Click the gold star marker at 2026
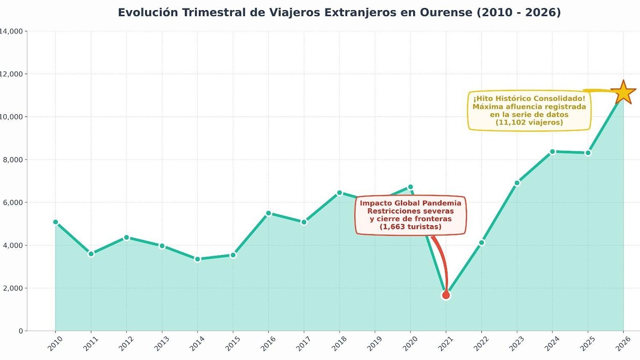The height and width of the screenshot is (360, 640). [x=623, y=93]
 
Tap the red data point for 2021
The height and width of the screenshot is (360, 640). [x=446, y=295]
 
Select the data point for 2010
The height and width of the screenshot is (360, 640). [x=56, y=222]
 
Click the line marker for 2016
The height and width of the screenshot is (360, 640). [x=268, y=213]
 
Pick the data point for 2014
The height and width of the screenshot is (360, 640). [x=197, y=259]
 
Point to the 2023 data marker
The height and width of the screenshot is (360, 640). [x=517, y=183]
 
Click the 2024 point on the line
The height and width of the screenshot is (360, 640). [x=552, y=152]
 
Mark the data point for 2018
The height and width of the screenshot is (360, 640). [x=340, y=192]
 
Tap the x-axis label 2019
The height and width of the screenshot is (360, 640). [x=374, y=344]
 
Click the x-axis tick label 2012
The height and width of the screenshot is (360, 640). [x=126, y=344]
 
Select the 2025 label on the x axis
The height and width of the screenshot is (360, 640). [x=588, y=344]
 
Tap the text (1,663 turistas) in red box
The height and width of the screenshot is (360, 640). [x=410, y=227]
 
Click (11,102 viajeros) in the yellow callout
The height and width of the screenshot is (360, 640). [x=529, y=122]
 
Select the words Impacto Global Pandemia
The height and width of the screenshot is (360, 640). [x=410, y=203]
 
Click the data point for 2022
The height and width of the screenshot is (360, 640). [x=482, y=242]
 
